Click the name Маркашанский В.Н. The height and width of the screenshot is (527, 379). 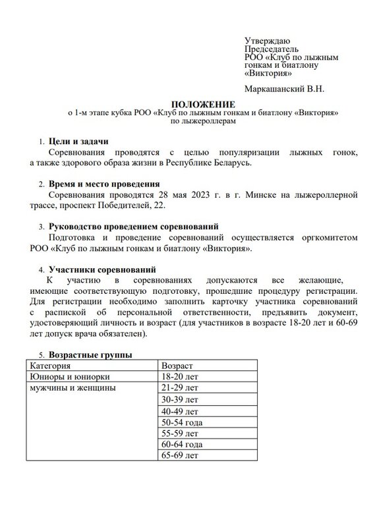284,88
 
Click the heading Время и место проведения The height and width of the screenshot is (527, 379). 104,184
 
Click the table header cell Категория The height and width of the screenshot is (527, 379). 50,365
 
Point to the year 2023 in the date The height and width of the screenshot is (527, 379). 202,195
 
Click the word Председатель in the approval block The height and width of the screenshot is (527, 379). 272,49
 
